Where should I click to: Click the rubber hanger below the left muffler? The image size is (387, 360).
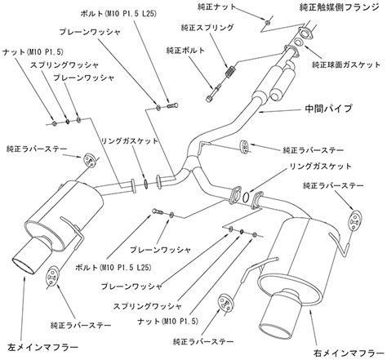(51, 278)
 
